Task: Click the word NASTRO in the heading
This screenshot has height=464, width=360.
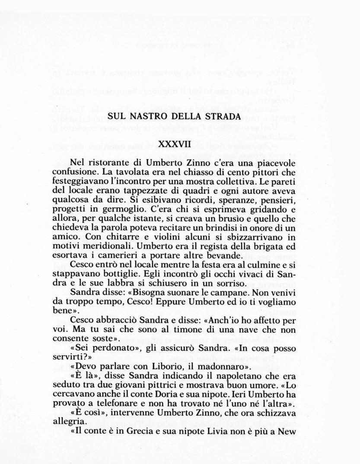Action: click(147, 116)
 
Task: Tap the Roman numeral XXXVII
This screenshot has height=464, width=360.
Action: click(174, 143)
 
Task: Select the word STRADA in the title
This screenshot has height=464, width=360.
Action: click(222, 116)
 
